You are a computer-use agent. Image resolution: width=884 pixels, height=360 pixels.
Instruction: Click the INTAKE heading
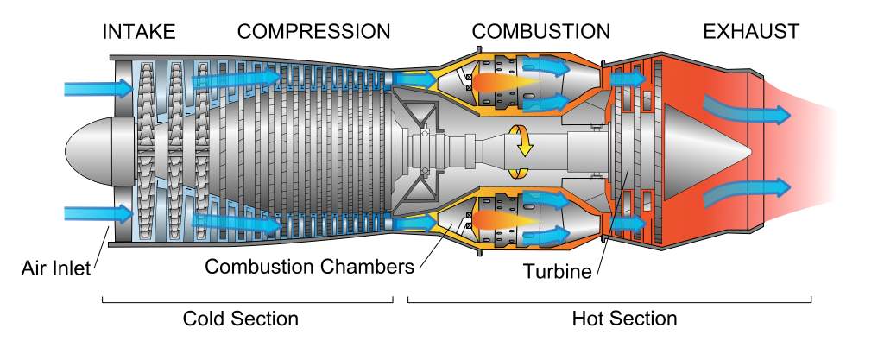[139, 33]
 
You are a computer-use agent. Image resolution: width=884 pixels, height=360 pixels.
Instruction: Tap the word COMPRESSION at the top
[314, 33]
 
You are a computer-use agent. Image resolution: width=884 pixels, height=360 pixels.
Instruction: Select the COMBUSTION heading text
[541, 33]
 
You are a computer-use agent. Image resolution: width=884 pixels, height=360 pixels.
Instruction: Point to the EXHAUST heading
[751, 33]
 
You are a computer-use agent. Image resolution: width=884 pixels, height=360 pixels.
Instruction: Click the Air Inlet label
[55, 268]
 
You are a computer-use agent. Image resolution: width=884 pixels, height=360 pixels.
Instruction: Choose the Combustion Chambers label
[309, 267]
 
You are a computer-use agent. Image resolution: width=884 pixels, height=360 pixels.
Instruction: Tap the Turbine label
[557, 271]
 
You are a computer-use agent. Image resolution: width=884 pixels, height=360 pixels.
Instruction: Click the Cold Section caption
[240, 319]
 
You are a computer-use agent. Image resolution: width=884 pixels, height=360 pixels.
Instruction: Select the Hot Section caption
[624, 319]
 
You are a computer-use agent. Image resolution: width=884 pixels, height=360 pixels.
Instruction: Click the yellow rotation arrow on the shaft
[520, 143]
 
